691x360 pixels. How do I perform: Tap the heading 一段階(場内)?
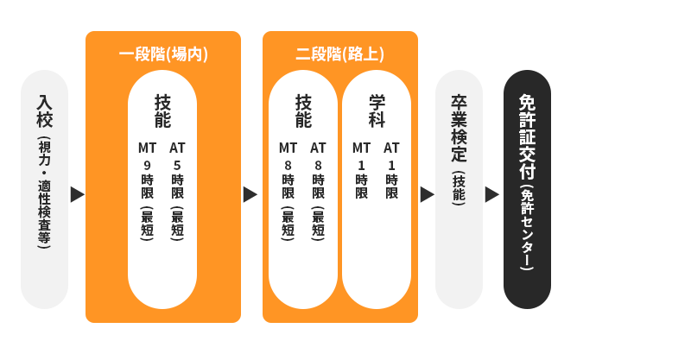tap(163, 54)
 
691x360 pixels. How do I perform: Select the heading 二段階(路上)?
tap(340, 54)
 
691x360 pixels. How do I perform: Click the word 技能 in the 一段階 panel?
tap(162, 111)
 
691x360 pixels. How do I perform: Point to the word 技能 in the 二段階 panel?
tap(303, 111)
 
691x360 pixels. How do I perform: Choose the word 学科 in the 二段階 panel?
tap(377, 111)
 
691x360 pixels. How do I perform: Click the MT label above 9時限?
tap(148, 148)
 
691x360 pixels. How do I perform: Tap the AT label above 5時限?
tap(177, 148)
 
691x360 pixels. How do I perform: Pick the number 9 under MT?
tap(148, 165)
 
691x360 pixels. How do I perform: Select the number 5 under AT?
tap(177, 165)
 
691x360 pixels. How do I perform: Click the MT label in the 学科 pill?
tap(361, 148)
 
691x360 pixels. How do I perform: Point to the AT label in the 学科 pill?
tap(391, 148)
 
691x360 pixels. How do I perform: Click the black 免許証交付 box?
tap(527, 189)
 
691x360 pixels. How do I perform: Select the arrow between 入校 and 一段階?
tap(77, 194)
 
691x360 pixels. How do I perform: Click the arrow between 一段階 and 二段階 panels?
tap(250, 194)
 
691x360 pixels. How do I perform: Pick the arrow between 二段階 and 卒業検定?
tap(427, 194)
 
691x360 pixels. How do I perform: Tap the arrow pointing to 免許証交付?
tap(491, 194)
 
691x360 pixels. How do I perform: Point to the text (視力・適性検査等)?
tap(44, 193)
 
